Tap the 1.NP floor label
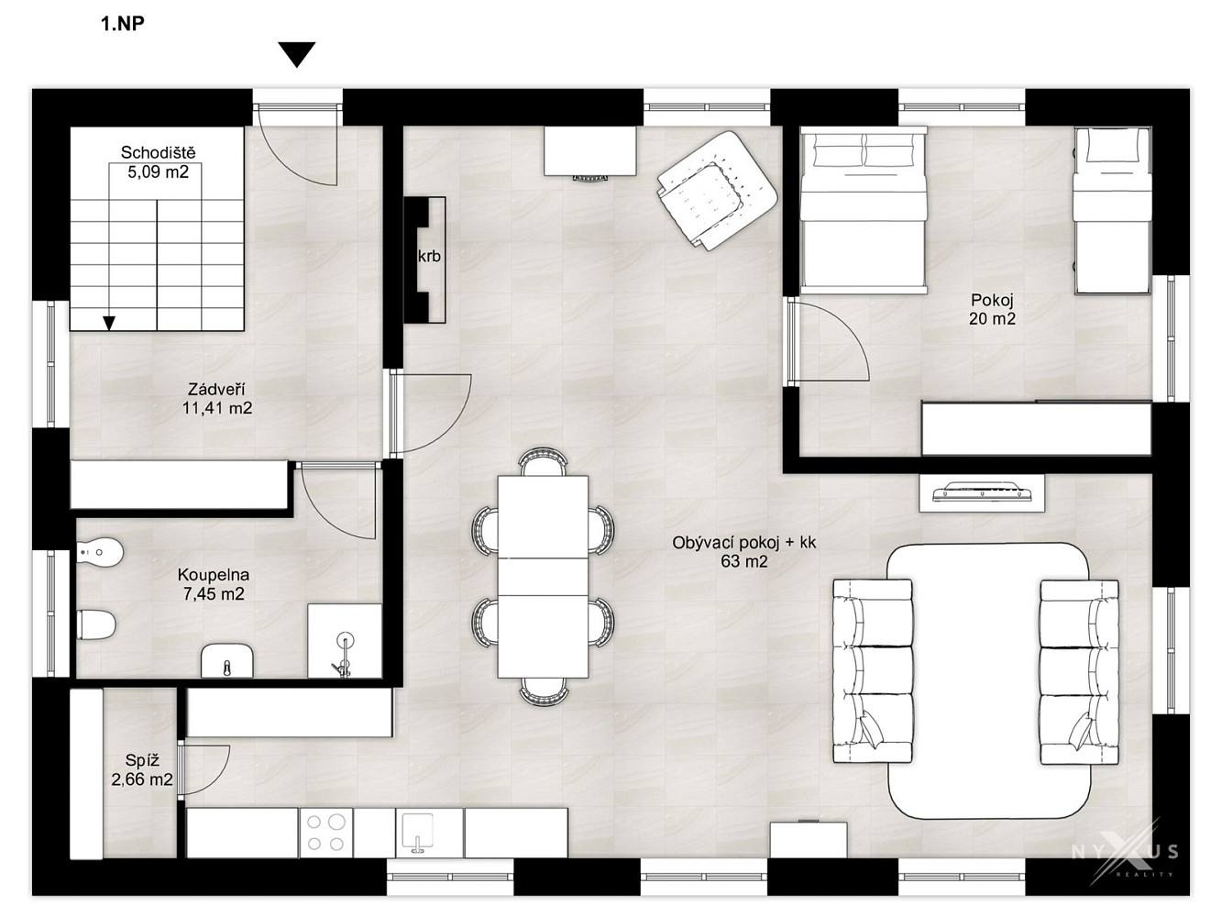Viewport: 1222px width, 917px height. pos(123,24)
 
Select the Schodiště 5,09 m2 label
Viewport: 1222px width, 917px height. pos(158,162)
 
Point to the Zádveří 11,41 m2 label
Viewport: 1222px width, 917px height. pos(217,399)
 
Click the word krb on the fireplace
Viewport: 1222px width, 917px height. pos(429,256)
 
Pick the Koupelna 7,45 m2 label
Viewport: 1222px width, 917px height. pos(214,584)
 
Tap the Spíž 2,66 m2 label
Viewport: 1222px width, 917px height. pos(142,769)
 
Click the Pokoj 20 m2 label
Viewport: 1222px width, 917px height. pos(992,309)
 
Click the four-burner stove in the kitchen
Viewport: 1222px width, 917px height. pos(325,833)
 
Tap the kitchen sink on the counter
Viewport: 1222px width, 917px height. pos(418,833)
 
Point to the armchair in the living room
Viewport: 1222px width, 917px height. pos(717,191)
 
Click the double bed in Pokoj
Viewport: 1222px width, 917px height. pos(864,210)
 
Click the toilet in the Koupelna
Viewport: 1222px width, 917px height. pos(95,624)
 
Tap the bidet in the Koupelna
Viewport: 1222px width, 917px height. pos(100,553)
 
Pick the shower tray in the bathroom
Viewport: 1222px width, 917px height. pos(345,641)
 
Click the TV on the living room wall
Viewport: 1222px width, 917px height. pos(981,492)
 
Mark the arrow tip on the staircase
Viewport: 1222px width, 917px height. pos(110,329)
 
